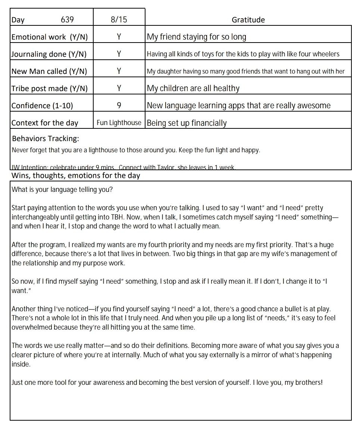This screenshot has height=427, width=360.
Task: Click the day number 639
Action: [x=67, y=19]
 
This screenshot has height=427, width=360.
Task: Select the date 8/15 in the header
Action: [x=119, y=19]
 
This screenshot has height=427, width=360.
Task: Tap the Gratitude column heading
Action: [x=248, y=20]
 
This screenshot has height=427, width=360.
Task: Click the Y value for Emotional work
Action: [x=119, y=37]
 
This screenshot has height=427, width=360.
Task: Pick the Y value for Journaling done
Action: [x=119, y=54]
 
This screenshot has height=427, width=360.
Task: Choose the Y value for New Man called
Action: [x=119, y=71]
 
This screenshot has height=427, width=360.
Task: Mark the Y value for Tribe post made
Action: [x=119, y=88]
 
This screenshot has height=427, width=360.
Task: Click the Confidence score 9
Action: [x=119, y=106]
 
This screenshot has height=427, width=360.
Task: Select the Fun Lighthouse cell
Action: [x=119, y=123]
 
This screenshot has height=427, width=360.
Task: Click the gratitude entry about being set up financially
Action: [x=187, y=123]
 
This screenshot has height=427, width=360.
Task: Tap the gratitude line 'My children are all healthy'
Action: [x=193, y=88]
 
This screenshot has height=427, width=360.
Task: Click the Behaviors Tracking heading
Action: [x=46, y=139]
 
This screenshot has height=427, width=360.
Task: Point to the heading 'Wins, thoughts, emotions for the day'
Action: [x=76, y=175]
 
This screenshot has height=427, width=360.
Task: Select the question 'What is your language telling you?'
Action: [x=62, y=189]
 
